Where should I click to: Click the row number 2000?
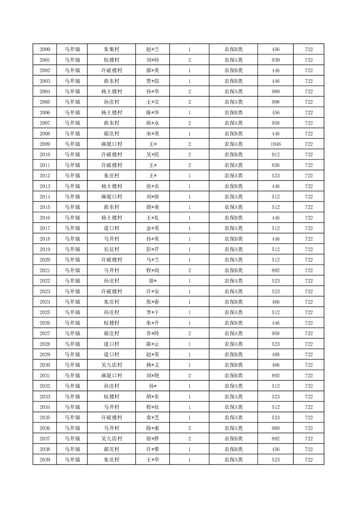45,49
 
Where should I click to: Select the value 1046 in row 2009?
275,144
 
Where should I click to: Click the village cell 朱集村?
111,49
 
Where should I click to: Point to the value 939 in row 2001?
275,60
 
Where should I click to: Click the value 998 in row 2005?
275,102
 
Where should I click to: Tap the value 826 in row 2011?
275,165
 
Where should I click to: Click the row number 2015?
45,207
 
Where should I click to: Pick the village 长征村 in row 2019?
111,250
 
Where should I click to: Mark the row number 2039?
45,460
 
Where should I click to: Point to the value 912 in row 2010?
275,155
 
